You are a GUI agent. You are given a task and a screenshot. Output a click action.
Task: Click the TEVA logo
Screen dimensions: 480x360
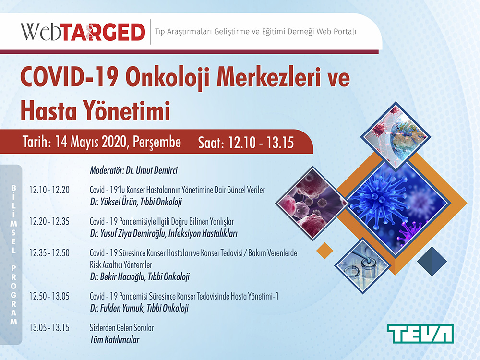(420, 334)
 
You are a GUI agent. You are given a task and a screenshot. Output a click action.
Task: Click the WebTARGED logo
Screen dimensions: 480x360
(83, 32)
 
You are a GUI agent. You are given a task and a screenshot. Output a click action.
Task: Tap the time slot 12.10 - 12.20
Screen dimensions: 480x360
(49, 190)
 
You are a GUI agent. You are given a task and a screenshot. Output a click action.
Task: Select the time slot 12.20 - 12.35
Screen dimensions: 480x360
(49, 221)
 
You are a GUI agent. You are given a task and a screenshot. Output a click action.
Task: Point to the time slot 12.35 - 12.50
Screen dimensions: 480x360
(49, 253)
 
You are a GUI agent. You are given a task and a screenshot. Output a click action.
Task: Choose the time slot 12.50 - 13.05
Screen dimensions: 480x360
(49, 296)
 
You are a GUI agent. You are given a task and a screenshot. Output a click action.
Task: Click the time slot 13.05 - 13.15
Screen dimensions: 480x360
(49, 327)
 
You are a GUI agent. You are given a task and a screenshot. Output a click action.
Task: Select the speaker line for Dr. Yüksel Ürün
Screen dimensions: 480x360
(136, 202)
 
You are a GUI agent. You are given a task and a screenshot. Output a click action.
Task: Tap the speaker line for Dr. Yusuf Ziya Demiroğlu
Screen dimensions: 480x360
(164, 234)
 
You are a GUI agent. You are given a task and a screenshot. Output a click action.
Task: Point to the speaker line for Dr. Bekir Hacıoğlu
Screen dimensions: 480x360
(140, 277)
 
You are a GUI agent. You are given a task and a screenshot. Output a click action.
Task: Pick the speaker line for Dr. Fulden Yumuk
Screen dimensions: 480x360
(139, 308)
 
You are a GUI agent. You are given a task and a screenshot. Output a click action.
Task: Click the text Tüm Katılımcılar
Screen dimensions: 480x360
(115, 339)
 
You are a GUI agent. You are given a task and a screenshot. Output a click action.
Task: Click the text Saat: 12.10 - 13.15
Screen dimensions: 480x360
(246, 143)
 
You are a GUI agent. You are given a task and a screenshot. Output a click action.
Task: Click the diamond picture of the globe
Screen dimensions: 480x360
(396, 136)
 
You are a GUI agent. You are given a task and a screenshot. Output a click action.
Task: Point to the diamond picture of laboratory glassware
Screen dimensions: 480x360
(363, 266)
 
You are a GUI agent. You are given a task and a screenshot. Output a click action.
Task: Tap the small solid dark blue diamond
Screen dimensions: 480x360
(432, 261)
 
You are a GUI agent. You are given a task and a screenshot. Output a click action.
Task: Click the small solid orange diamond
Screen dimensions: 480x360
(324, 251)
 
